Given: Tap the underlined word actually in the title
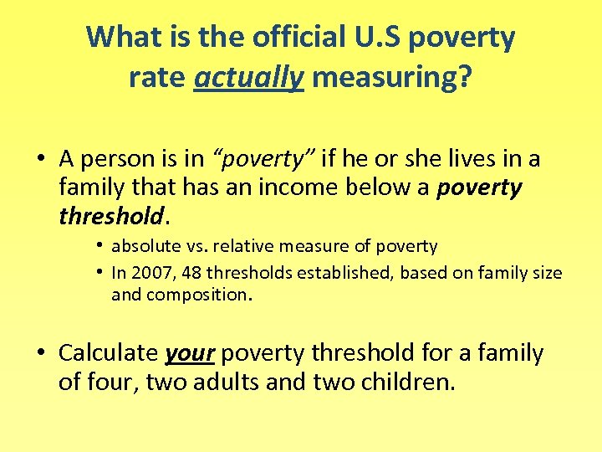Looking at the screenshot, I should [248, 79].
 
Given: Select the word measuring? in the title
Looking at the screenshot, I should [391, 79].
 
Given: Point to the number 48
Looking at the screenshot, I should [187, 273].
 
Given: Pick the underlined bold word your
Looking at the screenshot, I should [191, 353].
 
